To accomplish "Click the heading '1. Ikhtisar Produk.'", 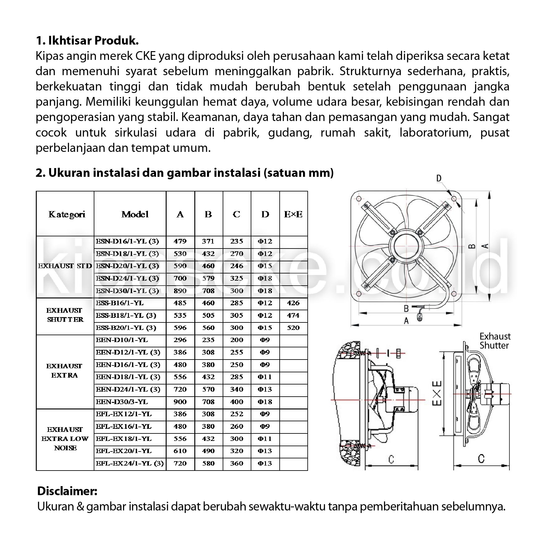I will click(x=87, y=41).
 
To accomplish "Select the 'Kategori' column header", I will click(x=67, y=215).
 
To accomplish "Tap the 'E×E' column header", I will click(x=293, y=215).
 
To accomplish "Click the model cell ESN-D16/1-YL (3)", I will click(x=127, y=241).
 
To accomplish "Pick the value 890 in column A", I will click(x=180, y=291).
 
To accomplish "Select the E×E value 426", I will click(x=293, y=303).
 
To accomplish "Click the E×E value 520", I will click(x=293, y=328).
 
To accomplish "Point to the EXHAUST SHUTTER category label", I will click(x=65, y=315).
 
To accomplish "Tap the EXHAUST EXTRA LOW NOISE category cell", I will click(x=65, y=439).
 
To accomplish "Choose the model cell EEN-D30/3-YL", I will click(x=122, y=402).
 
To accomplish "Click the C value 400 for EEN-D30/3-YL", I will click(x=236, y=402).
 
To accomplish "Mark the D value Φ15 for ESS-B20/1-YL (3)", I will click(x=265, y=328).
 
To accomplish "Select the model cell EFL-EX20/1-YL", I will click(x=124, y=451).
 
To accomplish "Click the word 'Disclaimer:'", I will click(x=67, y=491).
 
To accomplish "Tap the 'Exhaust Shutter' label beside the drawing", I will click(x=495, y=341).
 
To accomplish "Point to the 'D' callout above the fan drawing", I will click(x=438, y=178).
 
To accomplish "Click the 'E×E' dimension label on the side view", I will click(x=437, y=393).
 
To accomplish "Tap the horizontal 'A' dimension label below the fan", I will click(x=406, y=321).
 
